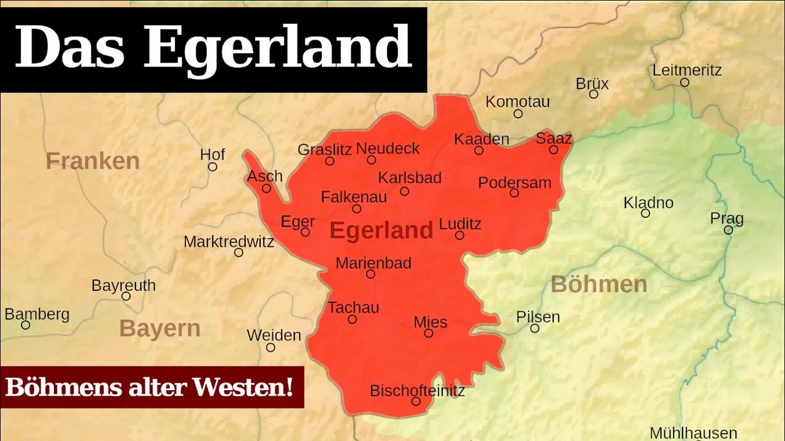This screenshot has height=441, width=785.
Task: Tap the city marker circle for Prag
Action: coord(728,230)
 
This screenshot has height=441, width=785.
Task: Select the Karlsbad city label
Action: coord(410,178)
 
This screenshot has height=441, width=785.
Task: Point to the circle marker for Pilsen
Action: coord(535,328)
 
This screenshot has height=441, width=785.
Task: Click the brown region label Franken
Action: coord(93,161)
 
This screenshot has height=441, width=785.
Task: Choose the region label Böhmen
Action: coord(599,284)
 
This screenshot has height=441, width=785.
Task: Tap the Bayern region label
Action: coord(159,328)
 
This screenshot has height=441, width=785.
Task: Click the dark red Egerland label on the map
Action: coord(381,231)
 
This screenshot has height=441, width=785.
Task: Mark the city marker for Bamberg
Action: coord(25,325)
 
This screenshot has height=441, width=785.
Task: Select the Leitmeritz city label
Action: coord(686,70)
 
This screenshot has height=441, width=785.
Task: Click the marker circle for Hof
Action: coord(212,167)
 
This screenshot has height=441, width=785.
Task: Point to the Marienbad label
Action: coord(373,263)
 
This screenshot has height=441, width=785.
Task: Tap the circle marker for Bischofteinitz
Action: coord(416,402)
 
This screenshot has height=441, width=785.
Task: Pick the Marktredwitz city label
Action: coord(229,241)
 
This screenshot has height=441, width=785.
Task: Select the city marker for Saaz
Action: coord(553,149)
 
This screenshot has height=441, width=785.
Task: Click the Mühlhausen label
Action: coord(693,433)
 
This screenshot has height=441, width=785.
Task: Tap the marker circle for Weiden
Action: coord(270,347)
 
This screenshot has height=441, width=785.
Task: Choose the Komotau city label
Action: coord(518,102)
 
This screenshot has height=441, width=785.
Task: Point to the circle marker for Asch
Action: coord(266,188)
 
